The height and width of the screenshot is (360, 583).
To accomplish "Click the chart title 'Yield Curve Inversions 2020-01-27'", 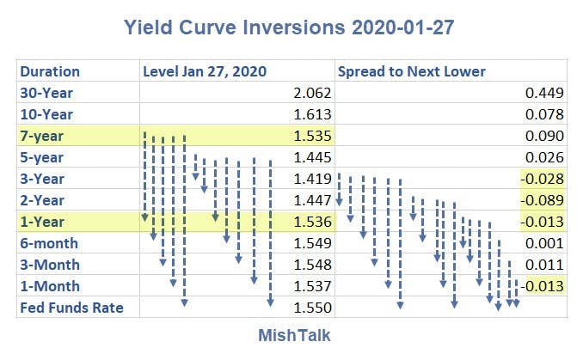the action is [289, 27].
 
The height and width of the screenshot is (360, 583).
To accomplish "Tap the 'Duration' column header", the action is [50, 71].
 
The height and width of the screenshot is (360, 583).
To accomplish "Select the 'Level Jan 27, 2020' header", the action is [205, 71].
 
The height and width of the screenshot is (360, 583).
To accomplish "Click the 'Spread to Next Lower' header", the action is [412, 71].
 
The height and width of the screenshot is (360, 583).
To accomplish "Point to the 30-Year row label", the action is [46, 93].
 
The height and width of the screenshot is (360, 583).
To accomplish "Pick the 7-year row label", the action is [41, 137].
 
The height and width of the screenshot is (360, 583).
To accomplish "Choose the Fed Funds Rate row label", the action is [71, 308].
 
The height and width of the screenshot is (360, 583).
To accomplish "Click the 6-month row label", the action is [49, 243].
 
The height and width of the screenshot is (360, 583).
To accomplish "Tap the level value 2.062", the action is [312, 93].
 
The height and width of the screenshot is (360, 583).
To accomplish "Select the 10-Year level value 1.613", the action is [312, 114].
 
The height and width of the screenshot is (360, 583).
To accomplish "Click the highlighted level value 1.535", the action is [312, 136].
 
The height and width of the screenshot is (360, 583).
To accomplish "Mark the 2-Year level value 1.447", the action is [312, 200].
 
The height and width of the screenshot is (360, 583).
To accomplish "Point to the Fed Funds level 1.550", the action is [312, 308].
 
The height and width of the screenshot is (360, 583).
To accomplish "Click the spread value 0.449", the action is [544, 93].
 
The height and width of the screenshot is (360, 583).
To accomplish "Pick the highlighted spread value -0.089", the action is [542, 200].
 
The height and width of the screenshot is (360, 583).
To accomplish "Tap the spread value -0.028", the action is [542, 179].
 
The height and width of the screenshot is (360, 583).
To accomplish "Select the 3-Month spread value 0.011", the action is [544, 265].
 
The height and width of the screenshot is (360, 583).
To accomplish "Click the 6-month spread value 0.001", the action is [544, 243].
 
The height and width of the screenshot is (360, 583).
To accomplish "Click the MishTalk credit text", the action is [294, 335].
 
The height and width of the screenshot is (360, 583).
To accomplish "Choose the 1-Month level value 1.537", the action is [312, 286].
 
